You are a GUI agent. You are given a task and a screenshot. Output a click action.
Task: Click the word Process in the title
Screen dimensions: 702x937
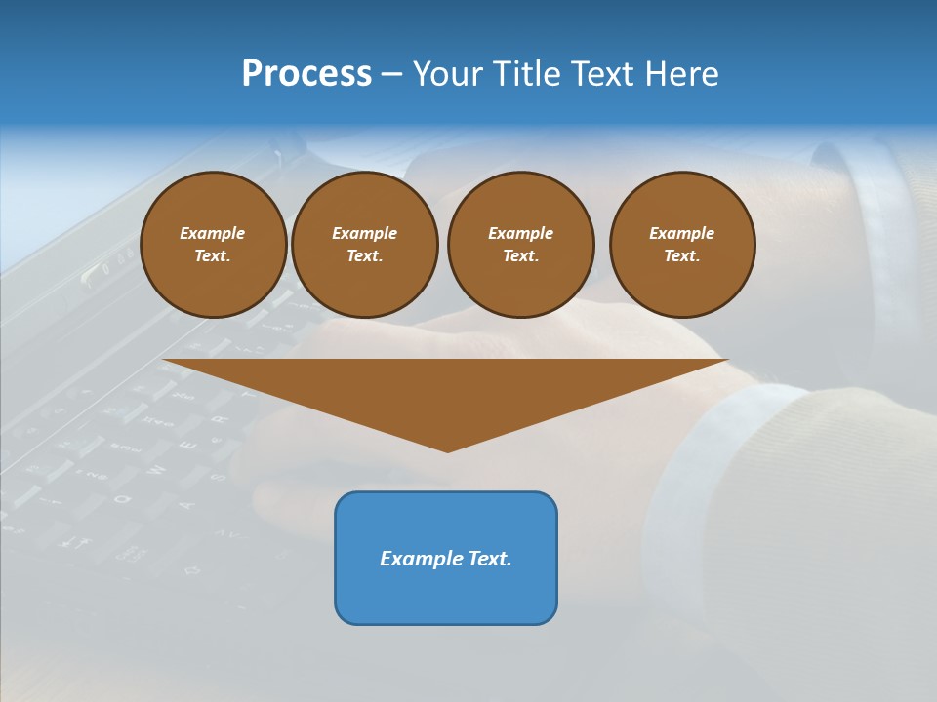pos(306,74)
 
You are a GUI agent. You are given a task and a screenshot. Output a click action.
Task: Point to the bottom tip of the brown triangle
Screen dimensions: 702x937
pos(447,449)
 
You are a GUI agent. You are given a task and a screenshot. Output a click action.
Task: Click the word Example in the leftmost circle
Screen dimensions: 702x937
pos(213,233)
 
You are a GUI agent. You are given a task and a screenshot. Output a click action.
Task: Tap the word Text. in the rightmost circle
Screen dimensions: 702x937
pos(681,255)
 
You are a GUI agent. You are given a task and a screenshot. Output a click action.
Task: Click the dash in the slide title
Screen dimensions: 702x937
pos(391,74)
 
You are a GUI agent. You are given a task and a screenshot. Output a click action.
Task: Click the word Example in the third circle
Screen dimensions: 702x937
pos(520,233)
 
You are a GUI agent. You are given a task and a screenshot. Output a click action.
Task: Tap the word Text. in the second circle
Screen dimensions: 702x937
pos(364,255)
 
